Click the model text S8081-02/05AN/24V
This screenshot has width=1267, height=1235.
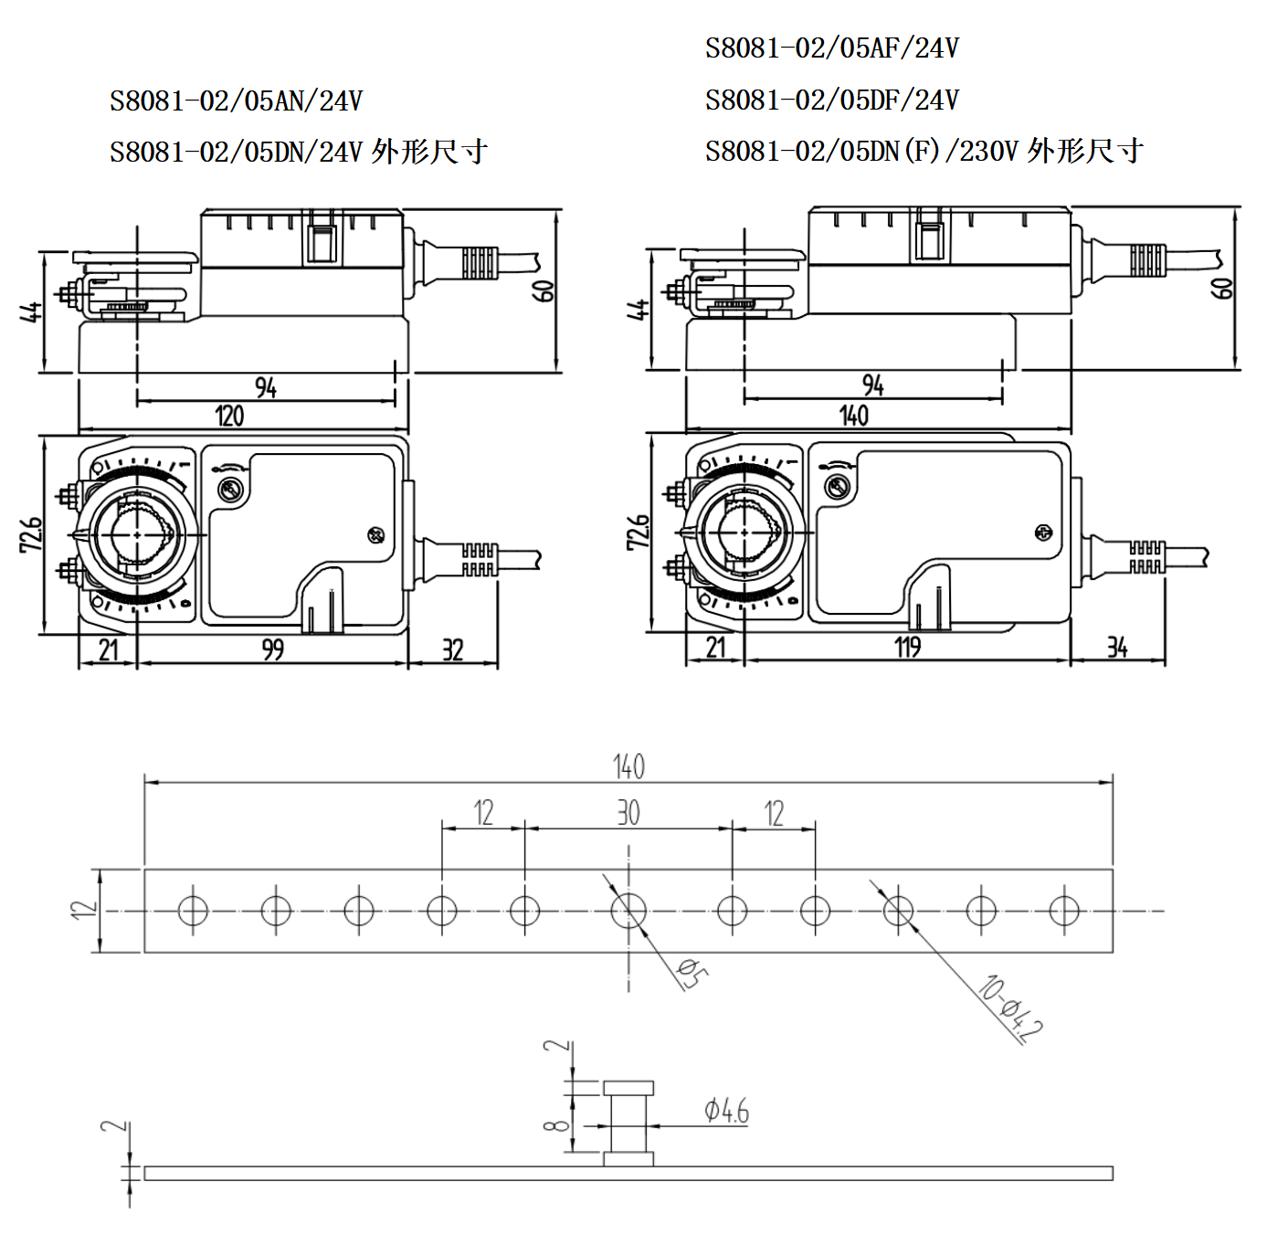236,100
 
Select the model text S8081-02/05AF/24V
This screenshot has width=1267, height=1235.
831,47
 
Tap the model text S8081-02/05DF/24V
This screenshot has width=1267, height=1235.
831,100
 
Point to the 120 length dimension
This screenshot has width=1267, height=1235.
229,417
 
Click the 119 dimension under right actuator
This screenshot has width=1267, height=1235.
907,648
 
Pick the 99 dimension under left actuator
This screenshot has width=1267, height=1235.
272,649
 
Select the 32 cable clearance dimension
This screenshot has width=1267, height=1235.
452,649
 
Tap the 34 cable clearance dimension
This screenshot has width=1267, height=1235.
1116,648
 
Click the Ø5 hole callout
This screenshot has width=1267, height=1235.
692,973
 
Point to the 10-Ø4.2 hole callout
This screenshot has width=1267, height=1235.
1010,1008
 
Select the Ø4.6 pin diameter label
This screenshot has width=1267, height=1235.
726,1111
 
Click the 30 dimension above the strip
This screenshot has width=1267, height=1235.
628,812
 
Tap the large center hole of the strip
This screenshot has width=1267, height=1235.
628,911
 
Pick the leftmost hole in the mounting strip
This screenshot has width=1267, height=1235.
193,911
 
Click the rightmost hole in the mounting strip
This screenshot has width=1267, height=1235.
1064,911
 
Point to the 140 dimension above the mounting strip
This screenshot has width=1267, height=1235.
628,765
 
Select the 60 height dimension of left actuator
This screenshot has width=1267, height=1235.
544,290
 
